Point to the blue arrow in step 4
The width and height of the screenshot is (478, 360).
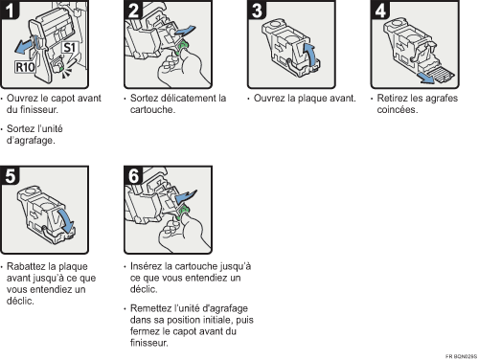427,71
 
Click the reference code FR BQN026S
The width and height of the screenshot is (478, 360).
459,354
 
